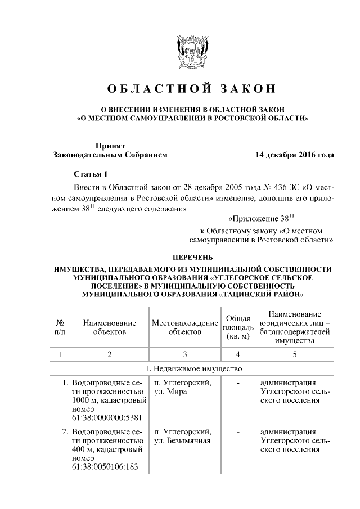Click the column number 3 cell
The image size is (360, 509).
pos(184,354)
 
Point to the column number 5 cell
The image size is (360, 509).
pos(295,354)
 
